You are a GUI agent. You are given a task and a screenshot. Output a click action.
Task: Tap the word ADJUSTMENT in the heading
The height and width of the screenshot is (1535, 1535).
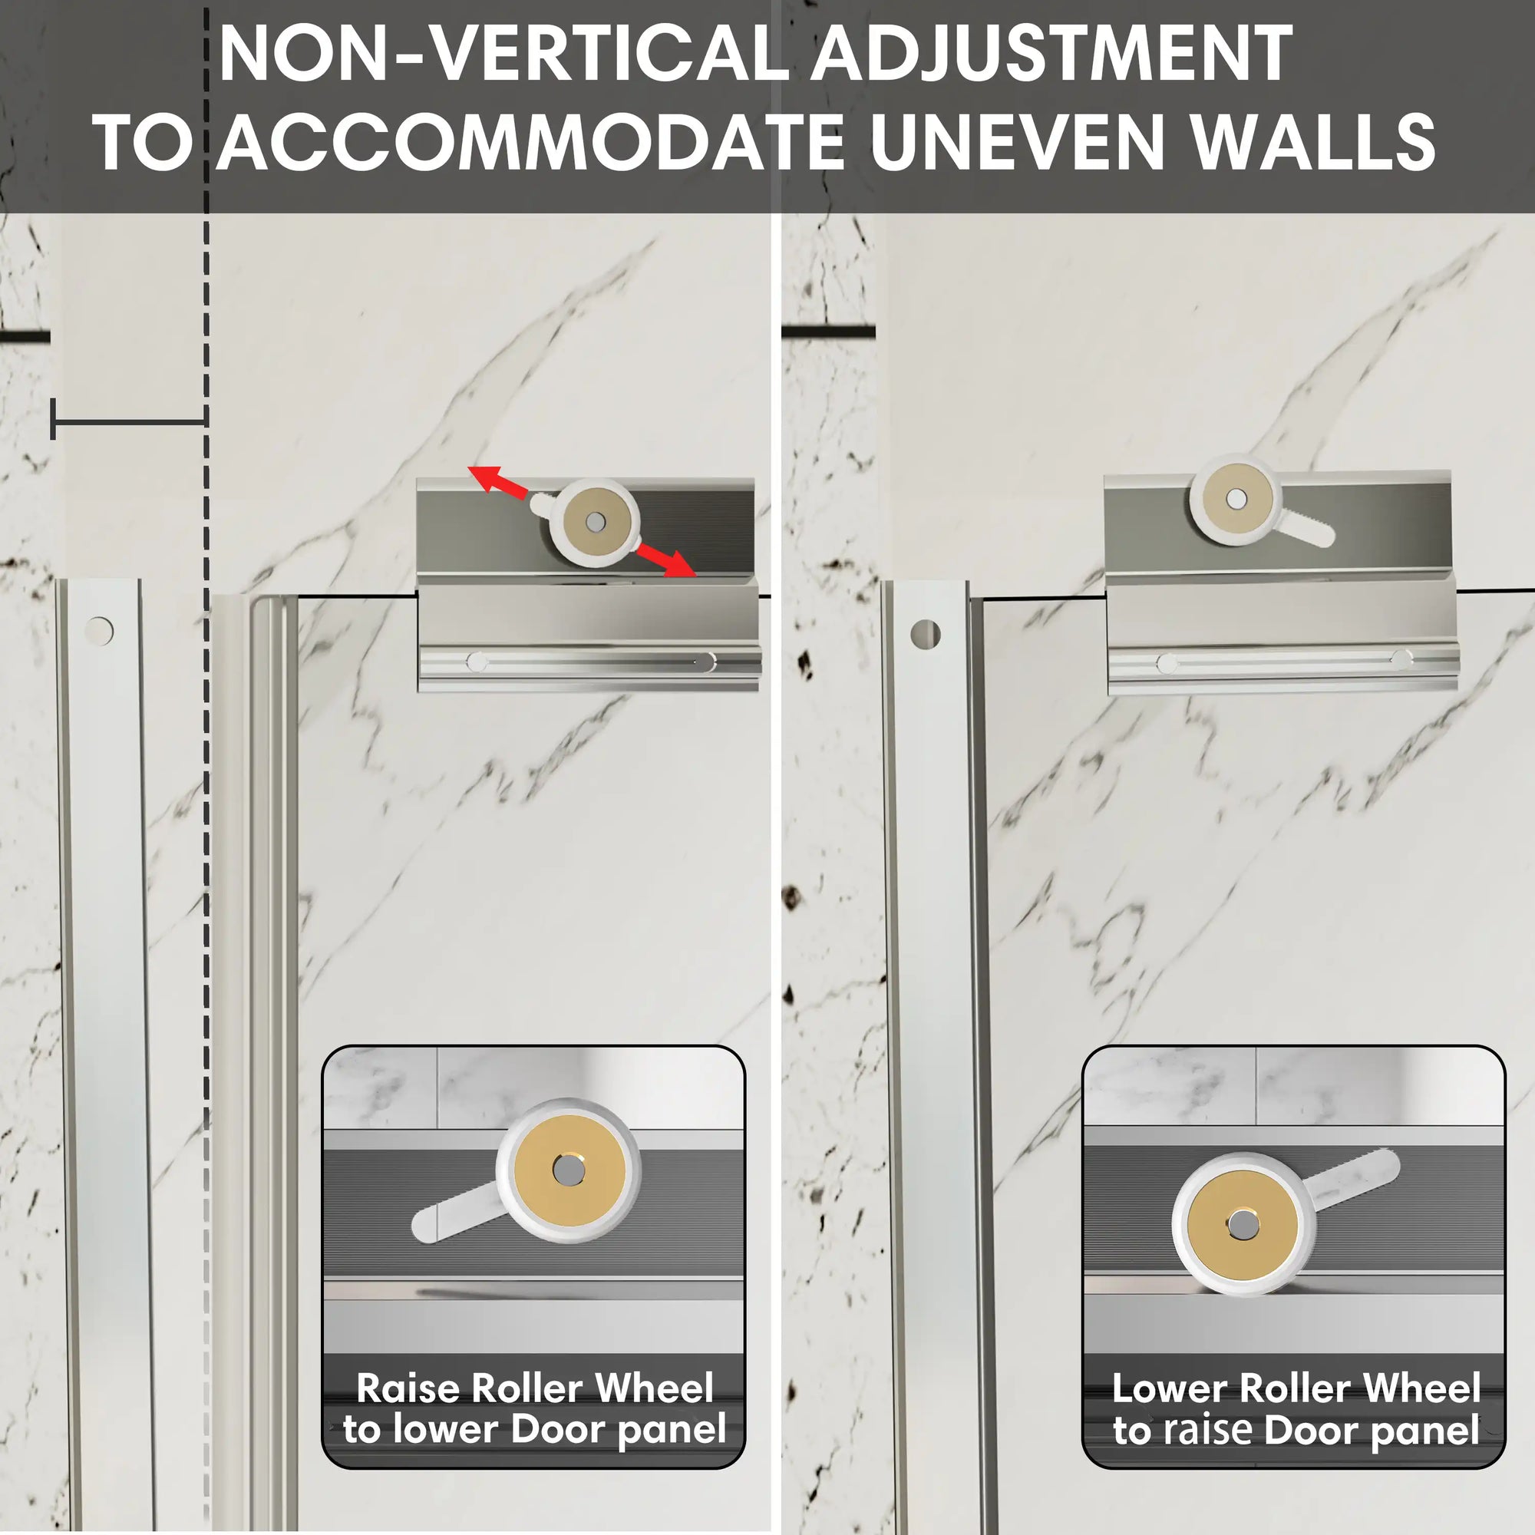point(1051,53)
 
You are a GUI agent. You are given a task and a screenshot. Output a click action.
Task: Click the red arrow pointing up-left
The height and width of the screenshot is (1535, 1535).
point(497,482)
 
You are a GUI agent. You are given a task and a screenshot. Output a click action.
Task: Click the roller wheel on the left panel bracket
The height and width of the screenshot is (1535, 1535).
point(595,521)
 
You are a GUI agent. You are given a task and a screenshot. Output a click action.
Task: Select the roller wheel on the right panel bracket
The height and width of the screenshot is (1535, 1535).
point(1236,499)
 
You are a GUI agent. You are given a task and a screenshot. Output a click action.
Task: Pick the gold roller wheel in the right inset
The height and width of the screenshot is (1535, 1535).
point(1243,1225)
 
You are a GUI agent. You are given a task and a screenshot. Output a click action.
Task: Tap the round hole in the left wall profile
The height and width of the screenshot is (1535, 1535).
point(99,631)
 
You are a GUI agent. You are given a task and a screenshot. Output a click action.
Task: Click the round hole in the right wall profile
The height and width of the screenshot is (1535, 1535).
point(926,635)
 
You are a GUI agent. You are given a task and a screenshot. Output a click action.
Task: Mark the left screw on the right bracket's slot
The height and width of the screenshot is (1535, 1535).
point(1167,662)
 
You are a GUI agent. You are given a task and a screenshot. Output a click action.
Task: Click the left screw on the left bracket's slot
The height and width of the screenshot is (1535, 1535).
point(477,661)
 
